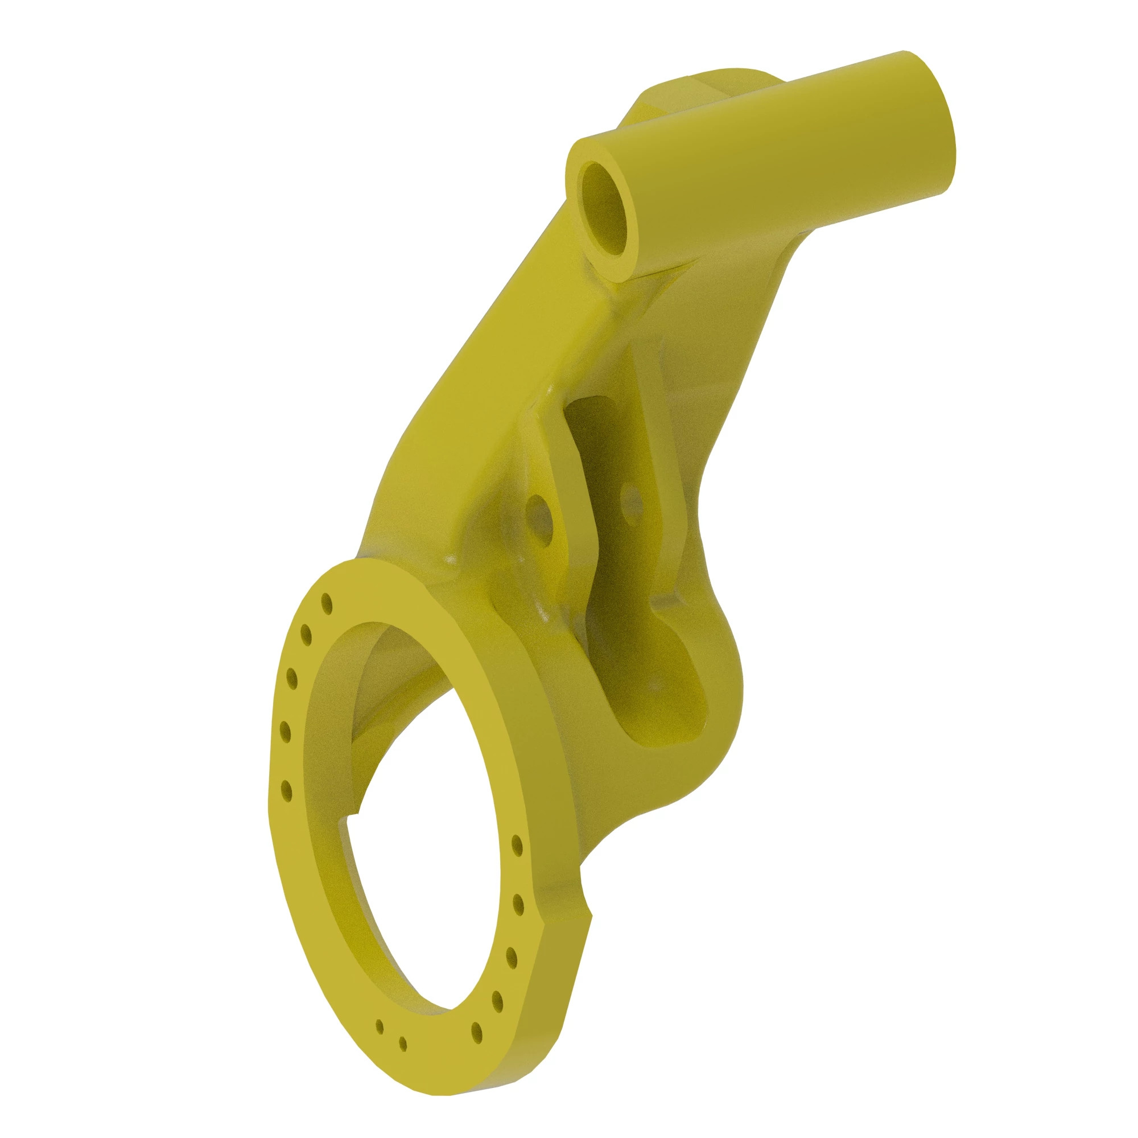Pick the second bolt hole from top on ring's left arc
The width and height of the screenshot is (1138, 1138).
(306, 636)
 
